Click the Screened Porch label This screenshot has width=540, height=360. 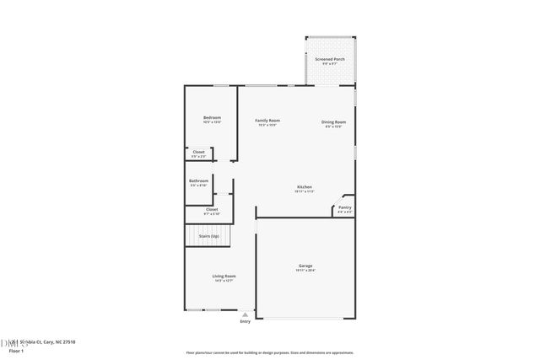(x=330, y=59)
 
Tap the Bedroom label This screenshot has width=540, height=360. (x=212, y=117)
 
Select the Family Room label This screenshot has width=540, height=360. (x=267, y=121)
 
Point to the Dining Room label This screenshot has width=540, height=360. (x=333, y=121)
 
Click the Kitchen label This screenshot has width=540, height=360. (x=304, y=186)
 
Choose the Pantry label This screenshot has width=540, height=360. (x=345, y=207)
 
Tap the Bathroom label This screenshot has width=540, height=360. (x=198, y=180)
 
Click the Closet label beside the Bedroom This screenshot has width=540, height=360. (x=198, y=152)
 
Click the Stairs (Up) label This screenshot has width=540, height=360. (x=208, y=236)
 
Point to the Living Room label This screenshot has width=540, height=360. (x=224, y=277)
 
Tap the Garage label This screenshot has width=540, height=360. (x=305, y=266)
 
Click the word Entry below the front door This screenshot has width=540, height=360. (x=246, y=321)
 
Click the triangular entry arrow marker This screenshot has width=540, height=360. (x=246, y=314)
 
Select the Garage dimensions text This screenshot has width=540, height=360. (x=305, y=271)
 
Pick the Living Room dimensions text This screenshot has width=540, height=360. (x=224, y=282)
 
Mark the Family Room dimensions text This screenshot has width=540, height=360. (x=267, y=126)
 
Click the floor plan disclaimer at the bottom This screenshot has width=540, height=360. (x=269, y=352)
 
